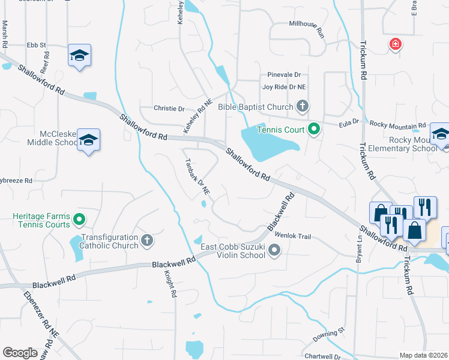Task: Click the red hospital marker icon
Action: point(395,44)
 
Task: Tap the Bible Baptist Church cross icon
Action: point(303,107)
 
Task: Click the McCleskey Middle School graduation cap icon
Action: point(89,140)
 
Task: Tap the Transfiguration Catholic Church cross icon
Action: point(147,241)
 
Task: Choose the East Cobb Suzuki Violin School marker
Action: point(274,250)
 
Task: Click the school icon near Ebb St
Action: point(79,55)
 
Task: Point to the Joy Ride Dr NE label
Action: point(284,87)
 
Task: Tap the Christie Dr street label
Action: point(169,109)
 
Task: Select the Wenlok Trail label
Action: point(293,236)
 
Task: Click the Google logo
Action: point(20,353)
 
